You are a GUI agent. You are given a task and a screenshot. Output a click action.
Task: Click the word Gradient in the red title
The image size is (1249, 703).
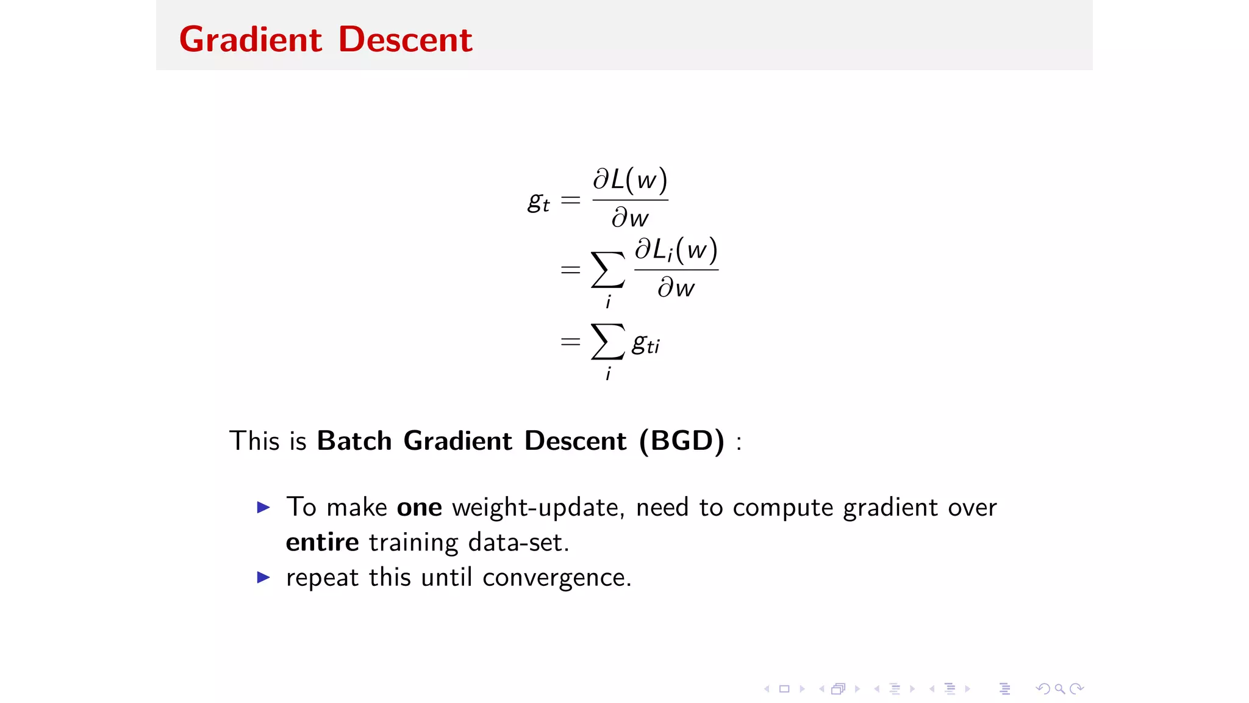tap(250, 40)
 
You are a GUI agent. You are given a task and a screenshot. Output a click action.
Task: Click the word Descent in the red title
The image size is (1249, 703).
tap(405, 40)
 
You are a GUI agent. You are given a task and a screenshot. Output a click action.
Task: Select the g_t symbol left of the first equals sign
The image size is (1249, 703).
tap(538, 201)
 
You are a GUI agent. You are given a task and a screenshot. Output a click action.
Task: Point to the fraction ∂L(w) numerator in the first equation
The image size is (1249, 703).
tap(630, 180)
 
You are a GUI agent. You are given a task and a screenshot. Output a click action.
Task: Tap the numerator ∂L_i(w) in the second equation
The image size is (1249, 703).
tap(676, 250)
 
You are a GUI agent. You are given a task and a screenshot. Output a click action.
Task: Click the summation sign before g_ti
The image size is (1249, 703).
tap(607, 342)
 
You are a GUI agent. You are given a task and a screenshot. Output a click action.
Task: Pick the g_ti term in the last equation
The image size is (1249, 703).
tap(646, 344)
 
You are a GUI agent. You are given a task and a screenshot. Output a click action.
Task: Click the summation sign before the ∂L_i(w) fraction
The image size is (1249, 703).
tap(607, 270)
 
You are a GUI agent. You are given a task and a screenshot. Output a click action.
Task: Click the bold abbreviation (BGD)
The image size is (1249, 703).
tap(682, 441)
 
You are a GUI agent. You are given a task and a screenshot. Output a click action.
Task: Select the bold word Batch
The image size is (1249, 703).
tap(354, 441)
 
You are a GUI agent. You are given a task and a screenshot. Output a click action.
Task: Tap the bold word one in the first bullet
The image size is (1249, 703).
tap(419, 508)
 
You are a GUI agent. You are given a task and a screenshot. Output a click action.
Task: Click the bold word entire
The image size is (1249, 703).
tap(322, 543)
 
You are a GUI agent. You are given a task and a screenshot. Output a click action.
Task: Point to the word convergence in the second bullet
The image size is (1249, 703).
tap(557, 578)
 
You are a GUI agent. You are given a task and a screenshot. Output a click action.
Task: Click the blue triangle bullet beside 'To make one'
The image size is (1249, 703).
tap(263, 507)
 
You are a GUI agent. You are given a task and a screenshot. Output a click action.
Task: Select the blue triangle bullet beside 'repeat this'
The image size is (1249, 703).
tap(263, 577)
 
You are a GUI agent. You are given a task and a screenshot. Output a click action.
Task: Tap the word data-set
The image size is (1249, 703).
tap(518, 543)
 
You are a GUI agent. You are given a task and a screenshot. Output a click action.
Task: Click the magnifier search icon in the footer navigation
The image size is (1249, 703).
tap(1060, 689)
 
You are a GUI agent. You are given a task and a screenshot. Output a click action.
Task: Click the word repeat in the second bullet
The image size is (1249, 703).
tap(322, 578)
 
